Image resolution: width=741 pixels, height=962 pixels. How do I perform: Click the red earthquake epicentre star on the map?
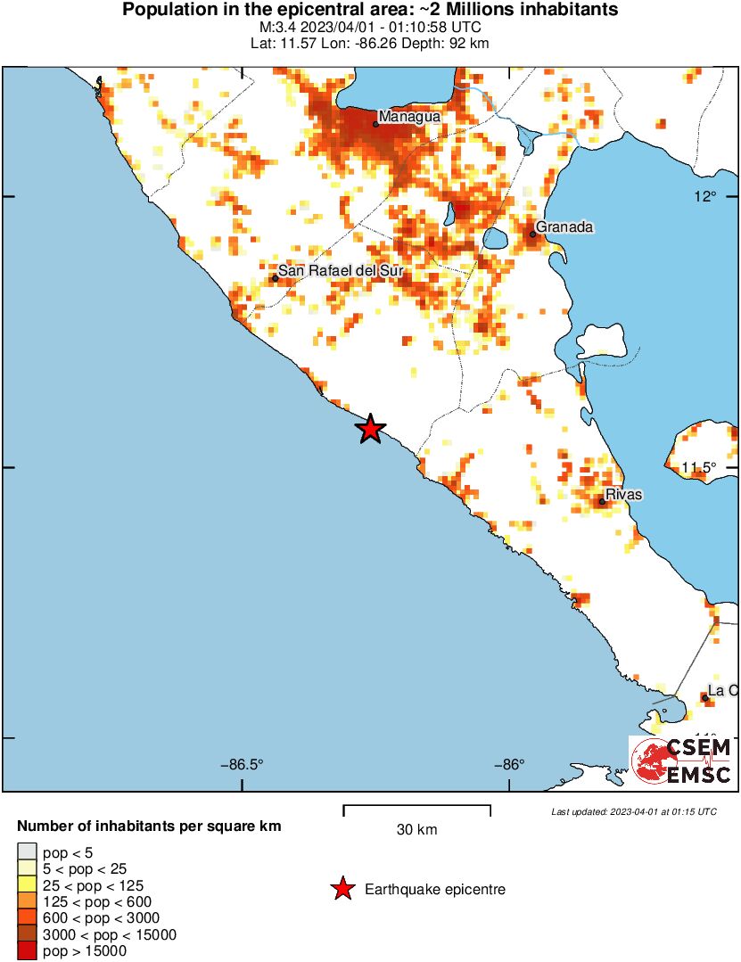point(370,429)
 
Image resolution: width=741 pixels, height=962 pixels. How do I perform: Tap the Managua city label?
point(409,117)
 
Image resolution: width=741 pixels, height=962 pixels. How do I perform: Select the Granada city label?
point(564,227)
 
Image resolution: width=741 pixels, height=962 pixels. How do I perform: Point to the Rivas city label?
point(623,494)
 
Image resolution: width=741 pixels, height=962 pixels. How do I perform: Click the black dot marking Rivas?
point(603,502)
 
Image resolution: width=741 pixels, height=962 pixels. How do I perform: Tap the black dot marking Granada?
point(532,234)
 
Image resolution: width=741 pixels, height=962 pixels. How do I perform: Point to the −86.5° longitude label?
point(243,764)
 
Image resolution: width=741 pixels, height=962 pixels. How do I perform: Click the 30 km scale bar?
point(416,810)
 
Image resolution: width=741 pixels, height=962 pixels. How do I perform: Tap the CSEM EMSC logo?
point(683,761)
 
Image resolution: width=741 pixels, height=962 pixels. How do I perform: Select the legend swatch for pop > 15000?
point(28,950)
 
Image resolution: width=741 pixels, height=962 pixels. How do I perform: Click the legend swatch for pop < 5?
point(28,853)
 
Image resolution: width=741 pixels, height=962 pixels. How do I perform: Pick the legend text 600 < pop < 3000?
point(101,918)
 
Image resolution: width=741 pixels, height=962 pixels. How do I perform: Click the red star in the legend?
point(341,889)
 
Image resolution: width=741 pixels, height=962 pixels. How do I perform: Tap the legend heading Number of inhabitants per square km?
point(149,826)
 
